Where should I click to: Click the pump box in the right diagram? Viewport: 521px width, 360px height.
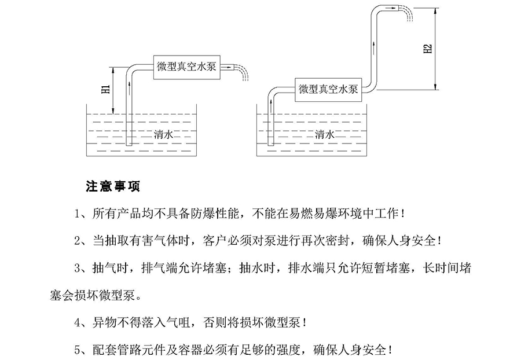[x=328, y=89]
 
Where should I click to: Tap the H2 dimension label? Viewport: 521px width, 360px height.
[x=428, y=49]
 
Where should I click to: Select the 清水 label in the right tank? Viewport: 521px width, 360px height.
[x=324, y=134]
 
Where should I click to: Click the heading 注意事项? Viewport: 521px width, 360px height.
[x=112, y=187]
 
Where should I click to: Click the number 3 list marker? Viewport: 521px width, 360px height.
[x=79, y=268]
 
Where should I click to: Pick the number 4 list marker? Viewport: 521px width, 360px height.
[x=79, y=322]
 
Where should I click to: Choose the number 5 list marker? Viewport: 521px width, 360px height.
[x=79, y=350]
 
